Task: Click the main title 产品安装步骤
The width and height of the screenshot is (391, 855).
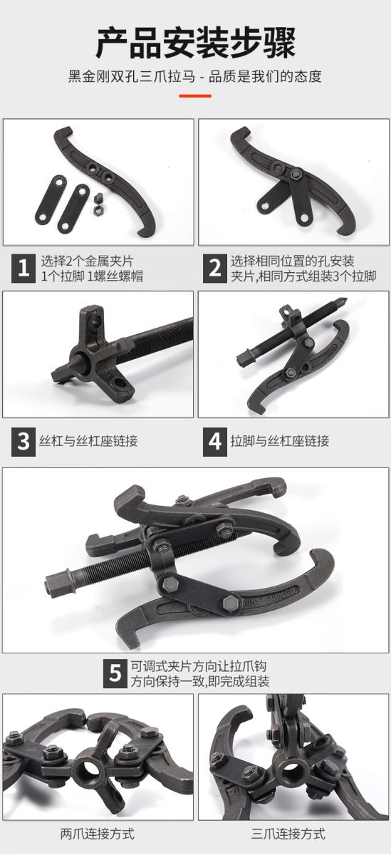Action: tap(195, 42)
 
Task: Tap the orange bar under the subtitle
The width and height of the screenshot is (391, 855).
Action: tap(195, 95)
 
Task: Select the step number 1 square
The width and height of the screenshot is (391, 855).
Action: tap(24, 269)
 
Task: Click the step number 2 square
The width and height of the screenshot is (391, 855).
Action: tap(215, 269)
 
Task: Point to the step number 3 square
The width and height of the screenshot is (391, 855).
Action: tap(24, 442)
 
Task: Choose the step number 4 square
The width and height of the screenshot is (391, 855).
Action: tap(215, 442)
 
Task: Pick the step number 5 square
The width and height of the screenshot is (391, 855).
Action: tap(115, 674)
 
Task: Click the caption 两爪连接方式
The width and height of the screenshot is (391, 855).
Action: tap(98, 834)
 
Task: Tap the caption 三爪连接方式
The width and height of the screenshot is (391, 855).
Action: tap(288, 834)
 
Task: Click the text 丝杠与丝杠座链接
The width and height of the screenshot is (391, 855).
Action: tap(88, 441)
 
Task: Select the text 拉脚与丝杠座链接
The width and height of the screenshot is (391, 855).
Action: tap(280, 441)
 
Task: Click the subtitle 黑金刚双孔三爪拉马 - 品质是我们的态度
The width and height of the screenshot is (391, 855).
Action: tap(195, 76)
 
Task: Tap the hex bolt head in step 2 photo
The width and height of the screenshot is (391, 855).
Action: tap(296, 175)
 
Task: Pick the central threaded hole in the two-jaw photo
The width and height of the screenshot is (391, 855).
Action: tap(88, 772)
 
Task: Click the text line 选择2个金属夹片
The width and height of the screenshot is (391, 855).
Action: tap(88, 261)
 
